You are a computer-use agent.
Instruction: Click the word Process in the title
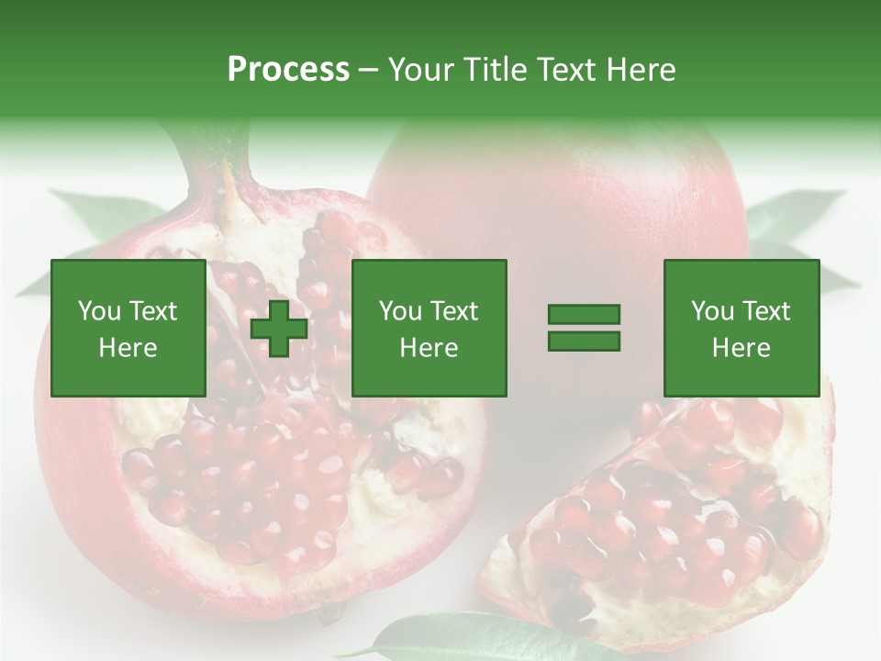pyautogui.click(x=288, y=70)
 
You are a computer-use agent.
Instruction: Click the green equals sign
pyautogui.click(x=584, y=328)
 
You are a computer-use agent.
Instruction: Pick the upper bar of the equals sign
pyautogui.click(x=584, y=315)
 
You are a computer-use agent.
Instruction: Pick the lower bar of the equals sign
pyautogui.click(x=584, y=341)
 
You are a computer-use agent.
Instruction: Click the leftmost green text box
pyautogui.click(x=128, y=328)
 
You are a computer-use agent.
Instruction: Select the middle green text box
pyautogui.click(x=429, y=328)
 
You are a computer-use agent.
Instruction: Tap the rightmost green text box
pyautogui.click(x=742, y=328)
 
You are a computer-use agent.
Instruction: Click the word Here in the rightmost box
pyautogui.click(x=742, y=348)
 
